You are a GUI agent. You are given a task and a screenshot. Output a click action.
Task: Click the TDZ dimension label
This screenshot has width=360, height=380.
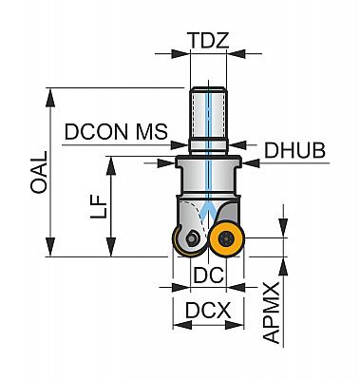208,41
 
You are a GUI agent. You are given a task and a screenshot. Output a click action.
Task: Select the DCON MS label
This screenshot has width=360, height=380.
116,131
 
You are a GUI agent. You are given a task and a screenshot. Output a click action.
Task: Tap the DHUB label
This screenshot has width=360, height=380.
294,150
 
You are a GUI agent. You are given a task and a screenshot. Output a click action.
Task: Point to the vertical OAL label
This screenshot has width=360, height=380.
39,172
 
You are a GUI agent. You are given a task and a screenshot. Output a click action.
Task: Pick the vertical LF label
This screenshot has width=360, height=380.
98,206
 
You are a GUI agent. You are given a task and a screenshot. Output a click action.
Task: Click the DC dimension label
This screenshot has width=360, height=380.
208,275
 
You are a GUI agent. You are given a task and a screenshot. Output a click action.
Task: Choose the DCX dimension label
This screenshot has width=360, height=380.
208,311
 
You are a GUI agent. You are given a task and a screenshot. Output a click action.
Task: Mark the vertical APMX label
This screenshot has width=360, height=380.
272,313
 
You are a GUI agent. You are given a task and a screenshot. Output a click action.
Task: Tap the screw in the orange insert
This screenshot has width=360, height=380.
227,238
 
